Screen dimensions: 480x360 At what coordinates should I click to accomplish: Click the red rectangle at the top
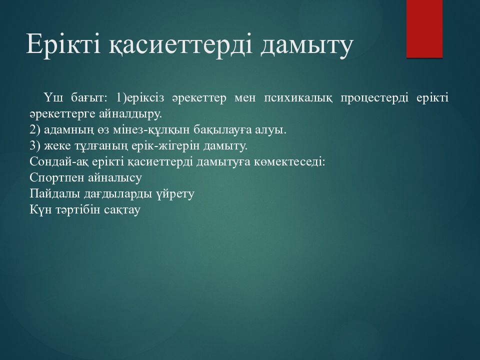(x=424, y=29)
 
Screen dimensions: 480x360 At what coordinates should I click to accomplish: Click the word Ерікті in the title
(x=63, y=44)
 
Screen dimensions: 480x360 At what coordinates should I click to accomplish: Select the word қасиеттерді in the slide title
(x=181, y=45)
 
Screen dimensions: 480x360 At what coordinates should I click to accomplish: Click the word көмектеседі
(x=289, y=162)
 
